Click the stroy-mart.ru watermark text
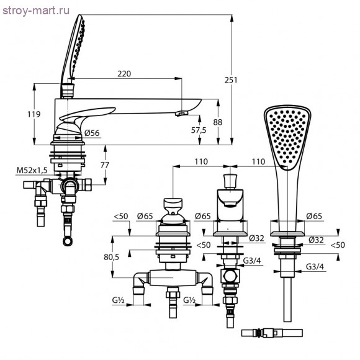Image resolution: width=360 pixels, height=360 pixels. pyautogui.click(x=36, y=11)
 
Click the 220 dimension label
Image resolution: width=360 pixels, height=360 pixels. pyautogui.click(x=124, y=74)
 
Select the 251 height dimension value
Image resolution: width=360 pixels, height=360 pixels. pyautogui.click(x=231, y=80)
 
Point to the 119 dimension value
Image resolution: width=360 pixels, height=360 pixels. pyautogui.click(x=34, y=114)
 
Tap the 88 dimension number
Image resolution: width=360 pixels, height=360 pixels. pyautogui.click(x=218, y=122)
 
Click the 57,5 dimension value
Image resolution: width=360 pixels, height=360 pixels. pyautogui.click(x=199, y=130)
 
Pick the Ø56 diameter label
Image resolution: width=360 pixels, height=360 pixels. pyautogui.click(x=92, y=133)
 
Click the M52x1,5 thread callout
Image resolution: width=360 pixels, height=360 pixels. pyautogui.click(x=32, y=170)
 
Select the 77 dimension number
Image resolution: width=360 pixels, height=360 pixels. pyautogui.click(x=105, y=165)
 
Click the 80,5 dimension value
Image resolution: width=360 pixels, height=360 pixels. pyautogui.click(x=111, y=258)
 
